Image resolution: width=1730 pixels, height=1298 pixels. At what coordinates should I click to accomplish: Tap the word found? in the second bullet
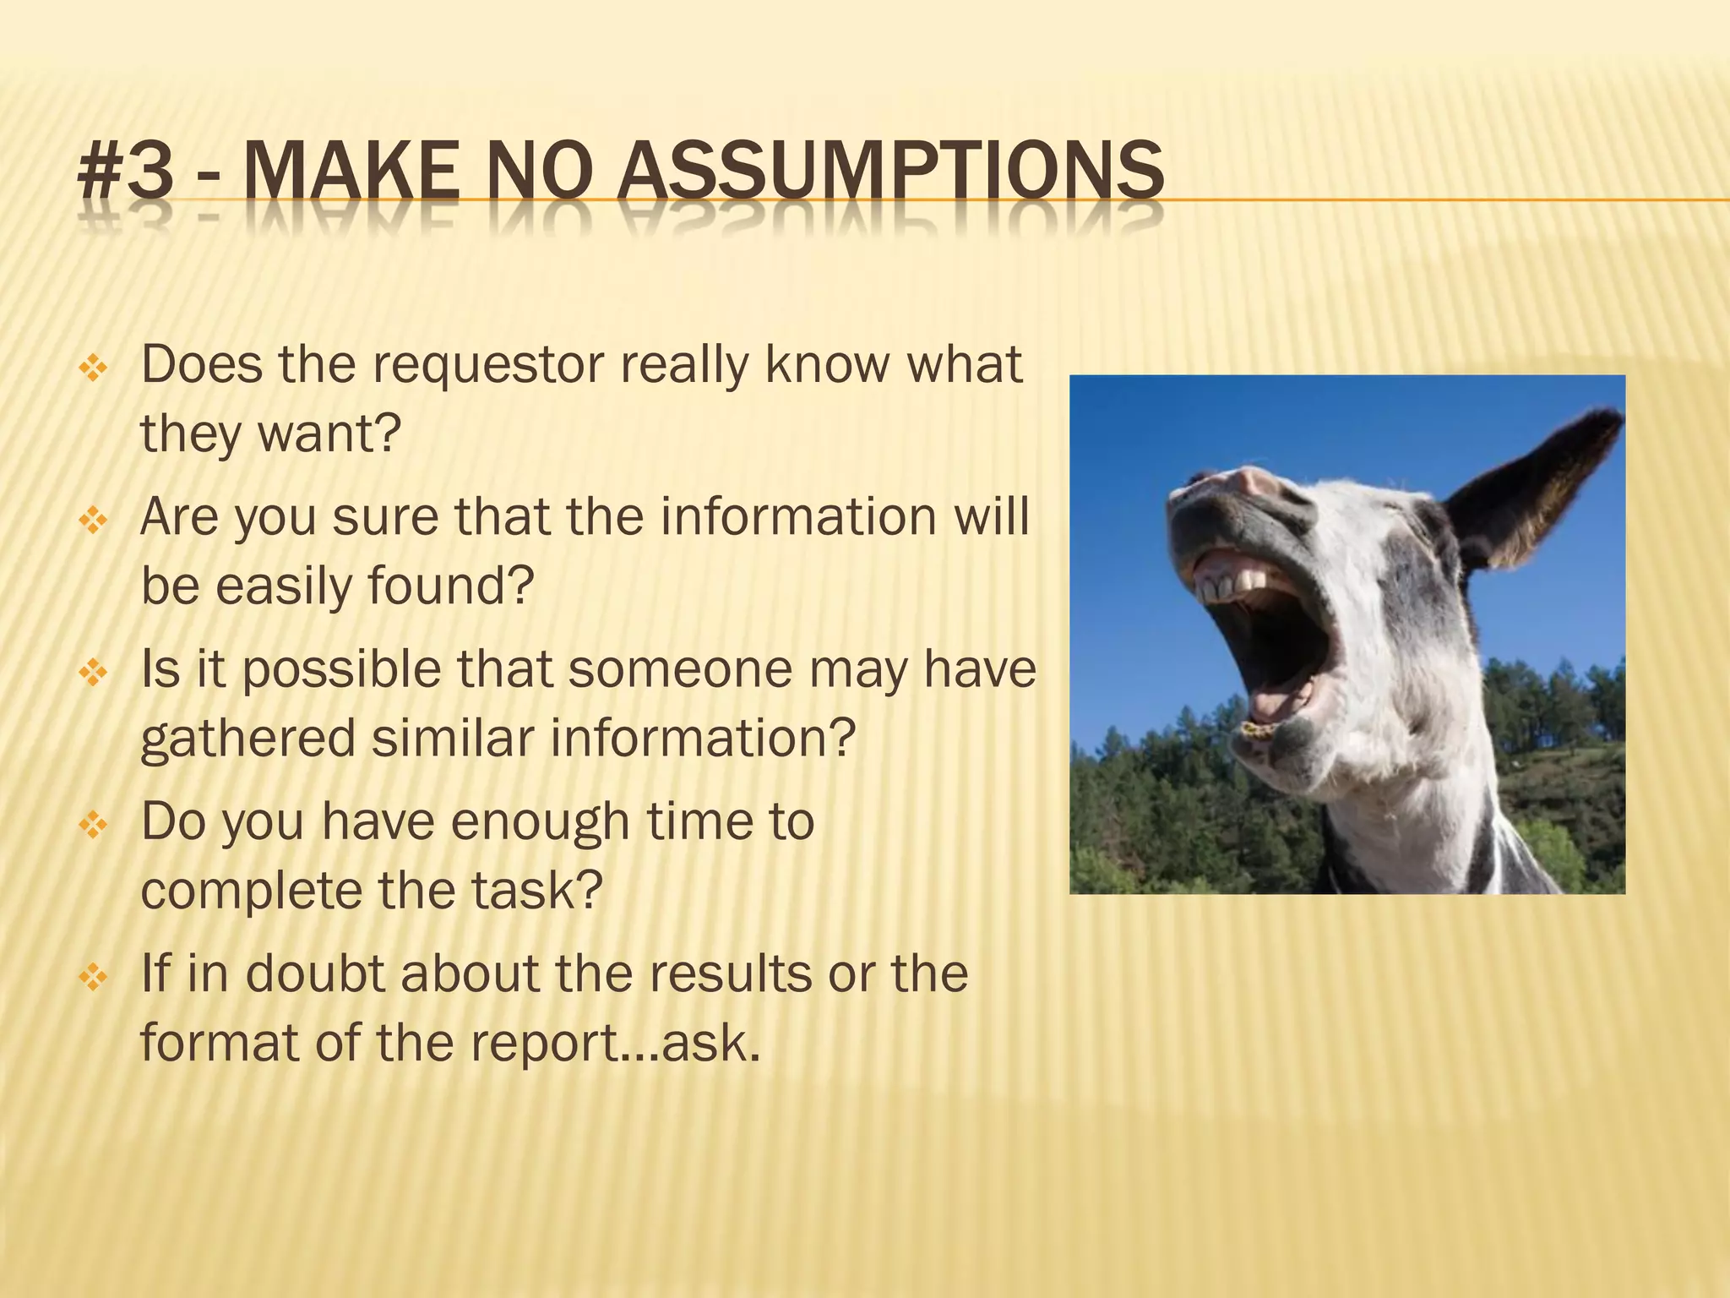tap(451, 586)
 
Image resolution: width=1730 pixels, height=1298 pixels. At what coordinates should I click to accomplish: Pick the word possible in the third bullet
tap(342, 670)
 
